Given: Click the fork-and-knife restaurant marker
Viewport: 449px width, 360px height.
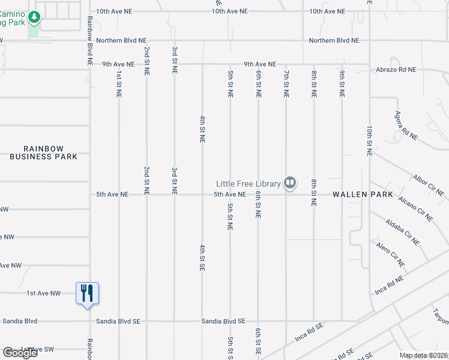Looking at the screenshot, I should pos(87,293).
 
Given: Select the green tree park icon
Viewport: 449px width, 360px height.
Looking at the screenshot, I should pos(35,17).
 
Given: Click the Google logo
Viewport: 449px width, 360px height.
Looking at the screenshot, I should pos(20,353).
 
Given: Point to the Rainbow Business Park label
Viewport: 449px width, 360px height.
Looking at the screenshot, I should pos(43,152).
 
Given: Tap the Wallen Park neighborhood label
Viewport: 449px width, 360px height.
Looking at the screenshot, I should pos(363,194).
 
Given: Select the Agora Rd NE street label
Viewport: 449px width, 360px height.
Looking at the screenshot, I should pos(406,125).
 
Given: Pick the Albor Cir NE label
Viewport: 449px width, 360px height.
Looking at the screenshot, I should pos(429,186).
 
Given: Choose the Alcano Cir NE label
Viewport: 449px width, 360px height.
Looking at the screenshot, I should pos(416,212).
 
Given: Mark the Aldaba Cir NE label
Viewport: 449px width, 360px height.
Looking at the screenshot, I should pos(403,233).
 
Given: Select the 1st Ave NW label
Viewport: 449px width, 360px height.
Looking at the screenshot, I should pos(44,293).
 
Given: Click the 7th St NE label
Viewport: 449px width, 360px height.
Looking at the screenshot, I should pos(286,84).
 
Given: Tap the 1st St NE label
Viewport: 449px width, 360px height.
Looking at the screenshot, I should pos(119,84).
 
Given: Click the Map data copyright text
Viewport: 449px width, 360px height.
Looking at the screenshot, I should pos(424,355).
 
